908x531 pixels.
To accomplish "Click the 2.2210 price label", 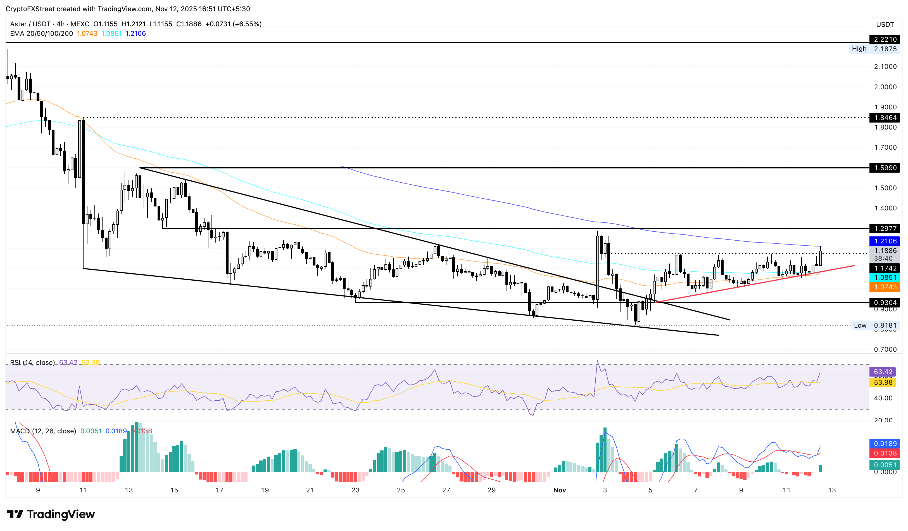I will (885, 39).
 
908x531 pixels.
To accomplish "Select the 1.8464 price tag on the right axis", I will (885, 118).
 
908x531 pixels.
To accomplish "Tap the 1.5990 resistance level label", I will (885, 168).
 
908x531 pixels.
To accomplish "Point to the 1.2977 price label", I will (885, 228).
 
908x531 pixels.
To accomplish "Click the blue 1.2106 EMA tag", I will (885, 241).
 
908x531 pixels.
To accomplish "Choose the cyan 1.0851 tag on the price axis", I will (885, 278).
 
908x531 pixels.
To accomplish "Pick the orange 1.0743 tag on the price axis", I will (885, 287).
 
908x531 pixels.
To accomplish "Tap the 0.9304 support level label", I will (885, 303).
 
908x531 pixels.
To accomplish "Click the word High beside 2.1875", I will (859, 49).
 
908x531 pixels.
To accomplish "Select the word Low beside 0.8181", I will (860, 325).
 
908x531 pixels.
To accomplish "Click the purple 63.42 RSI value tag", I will (883, 372).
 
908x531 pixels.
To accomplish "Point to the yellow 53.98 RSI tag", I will (883, 382).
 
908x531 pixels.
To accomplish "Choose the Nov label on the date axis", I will (560, 490).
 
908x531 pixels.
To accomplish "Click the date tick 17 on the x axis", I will (219, 490).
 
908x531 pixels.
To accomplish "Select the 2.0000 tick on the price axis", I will (885, 87).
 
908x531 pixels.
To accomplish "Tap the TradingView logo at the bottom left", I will (51, 514).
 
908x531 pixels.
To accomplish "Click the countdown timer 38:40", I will (883, 258).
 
